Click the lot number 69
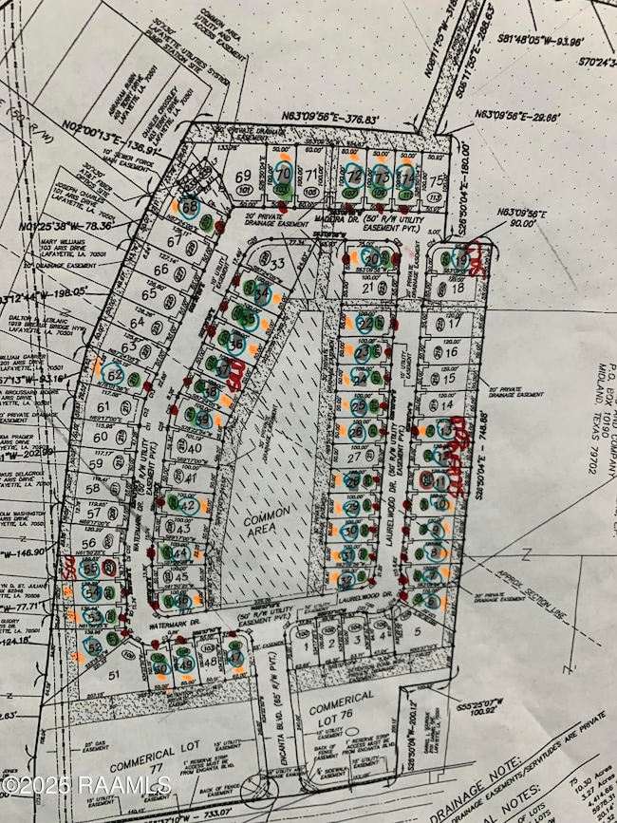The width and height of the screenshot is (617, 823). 244,177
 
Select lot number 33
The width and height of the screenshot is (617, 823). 278,263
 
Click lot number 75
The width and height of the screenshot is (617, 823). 436,180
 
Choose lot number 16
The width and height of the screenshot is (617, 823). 451,352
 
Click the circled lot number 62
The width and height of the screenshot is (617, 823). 115,376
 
